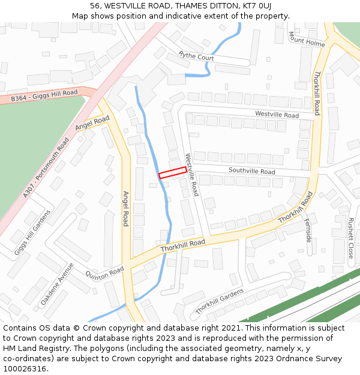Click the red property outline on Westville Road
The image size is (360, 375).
coord(173,172)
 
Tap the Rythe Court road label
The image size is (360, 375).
coord(196,57)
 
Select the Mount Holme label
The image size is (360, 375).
coord(307,40)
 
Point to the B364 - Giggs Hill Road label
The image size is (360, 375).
coord(44,95)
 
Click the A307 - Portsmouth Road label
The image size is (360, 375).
coord(46,168)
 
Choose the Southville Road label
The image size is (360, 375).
coord(251,172)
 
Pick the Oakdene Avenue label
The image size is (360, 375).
coord(57,284)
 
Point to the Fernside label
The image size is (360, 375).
coord(308,229)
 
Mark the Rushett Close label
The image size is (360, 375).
coord(351,238)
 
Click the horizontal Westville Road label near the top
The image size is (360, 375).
coord(277,115)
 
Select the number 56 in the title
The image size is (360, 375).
coord(96,6)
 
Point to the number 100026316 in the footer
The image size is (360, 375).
coord(26,369)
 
